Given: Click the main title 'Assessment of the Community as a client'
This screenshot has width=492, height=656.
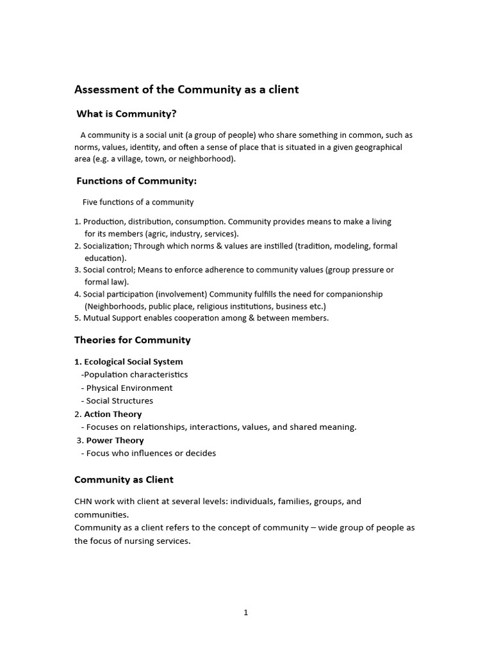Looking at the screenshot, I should (186, 90).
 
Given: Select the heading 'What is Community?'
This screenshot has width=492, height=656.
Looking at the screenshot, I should (126, 114).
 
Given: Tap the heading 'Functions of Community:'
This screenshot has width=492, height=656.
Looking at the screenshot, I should (136, 181).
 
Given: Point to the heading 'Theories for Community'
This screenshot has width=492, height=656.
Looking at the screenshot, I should (133, 340).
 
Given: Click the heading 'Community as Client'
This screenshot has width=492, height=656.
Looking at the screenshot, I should (124, 479).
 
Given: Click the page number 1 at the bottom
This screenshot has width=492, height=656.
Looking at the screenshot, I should (245, 612).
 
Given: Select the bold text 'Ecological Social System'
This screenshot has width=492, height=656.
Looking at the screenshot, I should (133, 361).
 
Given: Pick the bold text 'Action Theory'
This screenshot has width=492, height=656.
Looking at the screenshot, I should (113, 414).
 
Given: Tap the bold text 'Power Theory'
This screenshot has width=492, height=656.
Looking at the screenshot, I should (115, 440).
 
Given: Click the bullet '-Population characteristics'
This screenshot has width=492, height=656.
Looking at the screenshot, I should (135, 374).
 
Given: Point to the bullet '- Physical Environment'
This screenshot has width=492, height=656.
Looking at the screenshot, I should (127, 388).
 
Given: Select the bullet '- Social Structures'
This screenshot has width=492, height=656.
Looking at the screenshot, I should (117, 400).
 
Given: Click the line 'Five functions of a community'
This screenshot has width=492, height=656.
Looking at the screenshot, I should (138, 202).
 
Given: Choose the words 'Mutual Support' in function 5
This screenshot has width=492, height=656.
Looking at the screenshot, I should (110, 318).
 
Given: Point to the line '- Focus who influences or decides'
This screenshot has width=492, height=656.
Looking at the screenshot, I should (149, 453).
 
